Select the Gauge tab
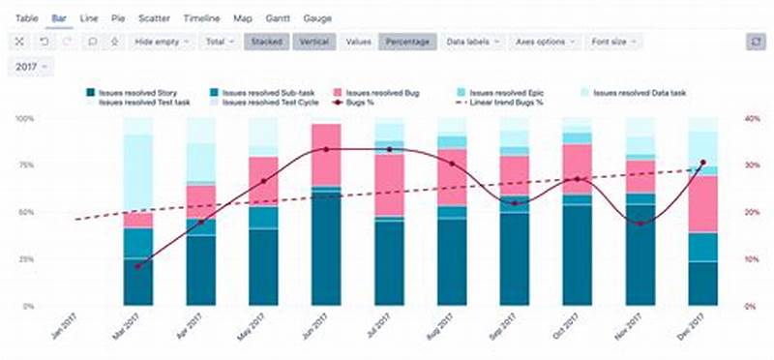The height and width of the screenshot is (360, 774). pos(317,18)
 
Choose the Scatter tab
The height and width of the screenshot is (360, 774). pos(154,18)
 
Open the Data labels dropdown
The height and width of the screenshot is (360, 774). pos(473,42)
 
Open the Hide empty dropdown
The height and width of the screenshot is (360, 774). pos(161,42)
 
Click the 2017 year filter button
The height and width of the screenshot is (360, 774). pos(32,67)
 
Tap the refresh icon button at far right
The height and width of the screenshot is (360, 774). pos(757,42)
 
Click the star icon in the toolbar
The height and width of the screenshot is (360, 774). pos(114,42)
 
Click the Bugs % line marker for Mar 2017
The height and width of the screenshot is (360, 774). pos(137,266)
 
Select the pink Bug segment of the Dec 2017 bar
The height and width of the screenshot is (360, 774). pos(702,203)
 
